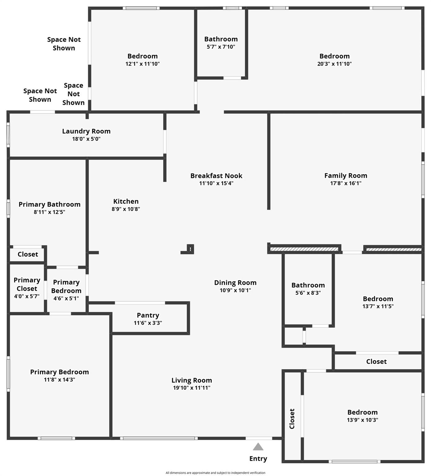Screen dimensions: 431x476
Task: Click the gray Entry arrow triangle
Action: (258, 447)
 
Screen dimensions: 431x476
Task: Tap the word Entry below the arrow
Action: (258, 459)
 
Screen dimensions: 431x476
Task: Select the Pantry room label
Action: (148, 315)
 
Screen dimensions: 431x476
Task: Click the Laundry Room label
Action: (86, 131)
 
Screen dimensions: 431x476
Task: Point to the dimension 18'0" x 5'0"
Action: (86, 139)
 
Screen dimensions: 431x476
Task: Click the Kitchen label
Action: (126, 201)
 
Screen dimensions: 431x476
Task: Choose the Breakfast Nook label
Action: (216, 176)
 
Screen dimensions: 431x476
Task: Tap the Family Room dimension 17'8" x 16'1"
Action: (346, 183)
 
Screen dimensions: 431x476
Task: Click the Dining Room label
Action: (235, 283)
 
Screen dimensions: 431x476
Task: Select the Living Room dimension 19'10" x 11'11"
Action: (192, 388)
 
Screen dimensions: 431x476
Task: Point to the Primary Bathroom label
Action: (50, 204)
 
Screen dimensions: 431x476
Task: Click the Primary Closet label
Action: (27, 284)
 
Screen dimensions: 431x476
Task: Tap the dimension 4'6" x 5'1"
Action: (66, 298)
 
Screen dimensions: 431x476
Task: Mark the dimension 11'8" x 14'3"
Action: (60, 380)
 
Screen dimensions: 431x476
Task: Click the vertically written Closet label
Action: (292, 419)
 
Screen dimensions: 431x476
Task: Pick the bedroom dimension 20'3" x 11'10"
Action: (335, 64)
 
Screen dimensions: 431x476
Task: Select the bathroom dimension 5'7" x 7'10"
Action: (221, 47)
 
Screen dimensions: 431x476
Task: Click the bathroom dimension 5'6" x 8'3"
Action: (308, 293)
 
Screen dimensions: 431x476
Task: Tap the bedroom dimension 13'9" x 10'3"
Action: (362, 420)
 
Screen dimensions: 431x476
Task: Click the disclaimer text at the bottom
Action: (216, 473)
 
